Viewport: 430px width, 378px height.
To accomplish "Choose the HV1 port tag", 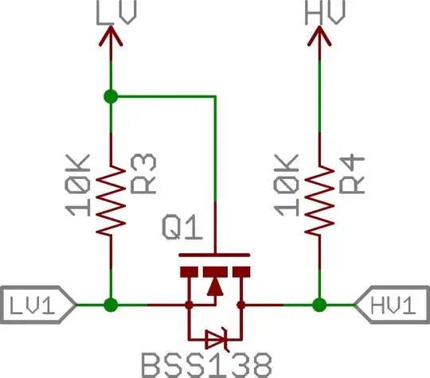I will tap(391, 303).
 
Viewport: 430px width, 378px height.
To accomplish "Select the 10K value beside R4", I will tap(288, 185).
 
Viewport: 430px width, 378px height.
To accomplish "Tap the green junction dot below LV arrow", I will tap(111, 96).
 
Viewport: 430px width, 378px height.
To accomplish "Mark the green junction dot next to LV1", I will tap(111, 304).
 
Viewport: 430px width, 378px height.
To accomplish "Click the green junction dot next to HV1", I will tap(320, 304).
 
